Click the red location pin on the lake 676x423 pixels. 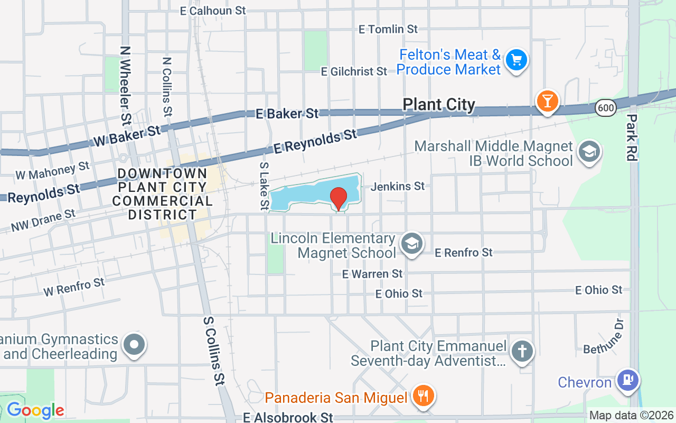[339, 199]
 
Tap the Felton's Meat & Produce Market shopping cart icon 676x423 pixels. [516, 60]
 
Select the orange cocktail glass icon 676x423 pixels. [547, 100]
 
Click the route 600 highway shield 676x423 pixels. [605, 108]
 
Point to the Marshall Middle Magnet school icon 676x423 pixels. [589, 152]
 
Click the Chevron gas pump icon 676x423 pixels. [628, 380]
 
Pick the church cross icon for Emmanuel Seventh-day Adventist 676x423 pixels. [522, 352]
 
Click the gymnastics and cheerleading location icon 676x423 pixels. [134, 345]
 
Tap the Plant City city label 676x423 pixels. [439, 105]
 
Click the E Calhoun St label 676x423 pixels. [213, 11]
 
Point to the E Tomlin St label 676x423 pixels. [388, 29]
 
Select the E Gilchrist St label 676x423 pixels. [353, 71]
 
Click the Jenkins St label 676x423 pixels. [398, 186]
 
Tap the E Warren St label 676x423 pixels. [372, 274]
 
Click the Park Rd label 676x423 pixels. [632, 137]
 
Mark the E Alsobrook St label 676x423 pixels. [288, 418]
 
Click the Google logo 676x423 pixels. [35, 410]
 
